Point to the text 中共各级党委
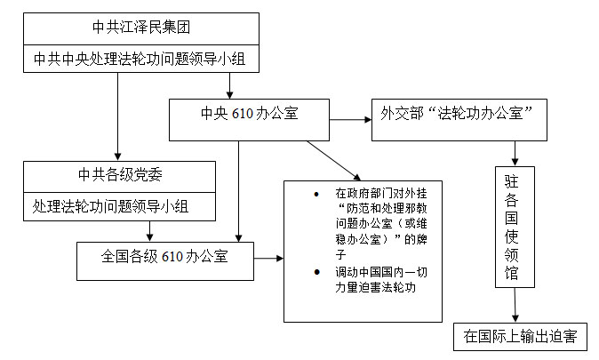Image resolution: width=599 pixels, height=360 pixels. click(119, 174)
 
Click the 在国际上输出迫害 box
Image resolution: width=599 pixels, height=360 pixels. click(520, 336)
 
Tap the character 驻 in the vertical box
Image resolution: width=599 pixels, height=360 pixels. click(515, 182)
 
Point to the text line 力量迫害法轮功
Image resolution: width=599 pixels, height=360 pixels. click(374, 287)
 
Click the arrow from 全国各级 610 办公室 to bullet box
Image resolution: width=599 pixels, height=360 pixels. click(269, 258)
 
